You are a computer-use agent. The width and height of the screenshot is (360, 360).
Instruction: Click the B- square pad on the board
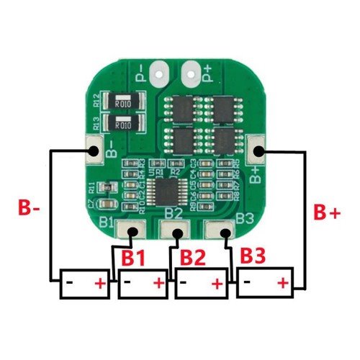tap(93, 150)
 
